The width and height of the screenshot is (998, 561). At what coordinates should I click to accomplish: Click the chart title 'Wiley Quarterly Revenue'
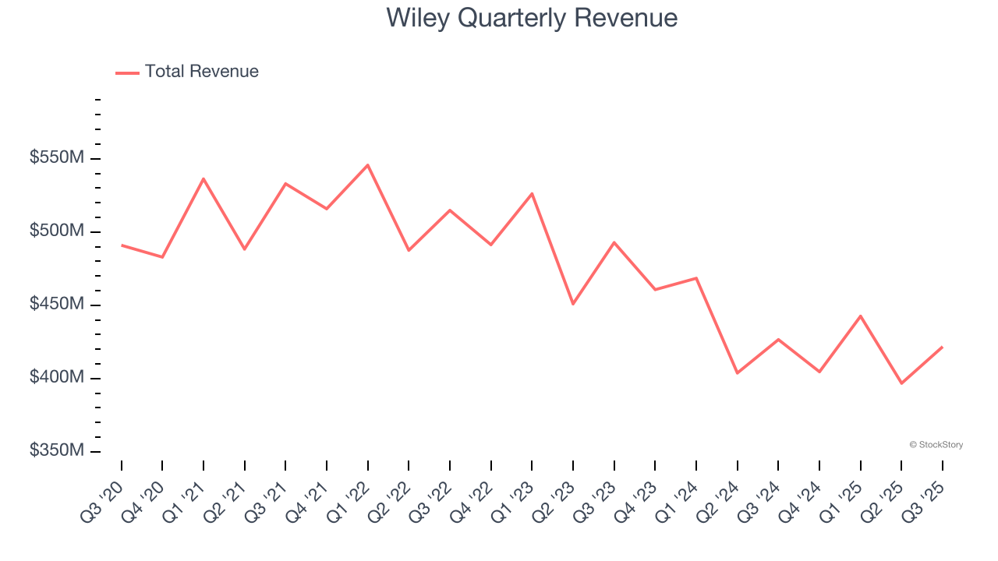532,18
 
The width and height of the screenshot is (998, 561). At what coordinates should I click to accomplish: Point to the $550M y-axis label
57,158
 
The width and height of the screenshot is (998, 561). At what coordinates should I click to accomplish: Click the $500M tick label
57,231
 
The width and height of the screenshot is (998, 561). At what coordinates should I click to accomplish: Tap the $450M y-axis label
57,305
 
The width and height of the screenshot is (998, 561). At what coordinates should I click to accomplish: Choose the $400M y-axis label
57,378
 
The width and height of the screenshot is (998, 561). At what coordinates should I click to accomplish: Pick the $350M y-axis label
57,451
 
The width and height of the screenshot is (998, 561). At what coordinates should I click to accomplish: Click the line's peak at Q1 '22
368,164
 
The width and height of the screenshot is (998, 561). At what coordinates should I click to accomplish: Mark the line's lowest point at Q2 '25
901,383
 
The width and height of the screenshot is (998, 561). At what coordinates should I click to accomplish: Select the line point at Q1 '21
203,178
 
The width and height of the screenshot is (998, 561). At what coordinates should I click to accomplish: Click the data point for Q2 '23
573,304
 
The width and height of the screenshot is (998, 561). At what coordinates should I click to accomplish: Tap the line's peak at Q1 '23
532,193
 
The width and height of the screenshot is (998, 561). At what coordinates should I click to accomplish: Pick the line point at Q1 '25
861,316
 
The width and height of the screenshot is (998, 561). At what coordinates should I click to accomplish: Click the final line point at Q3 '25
942,347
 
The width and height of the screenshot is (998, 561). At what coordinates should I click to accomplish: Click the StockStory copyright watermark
936,445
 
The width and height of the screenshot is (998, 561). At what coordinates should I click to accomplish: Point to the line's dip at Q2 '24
738,373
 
